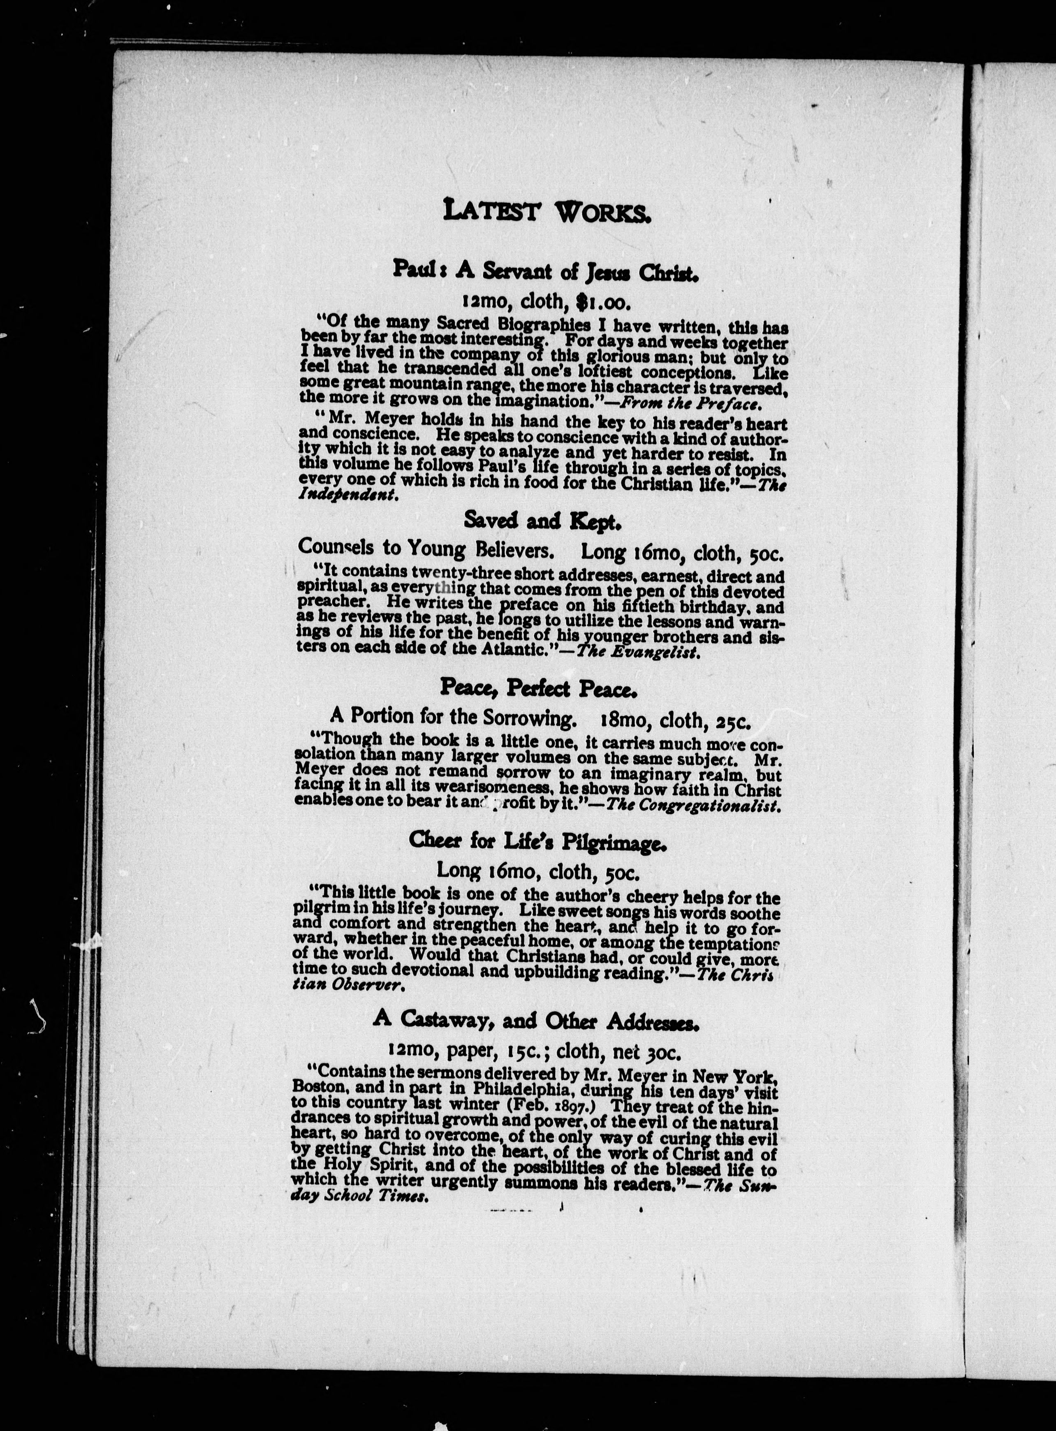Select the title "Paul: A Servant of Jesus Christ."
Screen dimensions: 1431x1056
[x=545, y=271]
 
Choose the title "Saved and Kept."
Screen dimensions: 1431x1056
[x=542, y=522]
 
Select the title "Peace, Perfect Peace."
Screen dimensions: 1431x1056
[x=538, y=688]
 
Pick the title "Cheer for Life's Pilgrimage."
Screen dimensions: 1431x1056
[x=538, y=844]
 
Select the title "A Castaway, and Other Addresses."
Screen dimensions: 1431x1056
[x=536, y=1021]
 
